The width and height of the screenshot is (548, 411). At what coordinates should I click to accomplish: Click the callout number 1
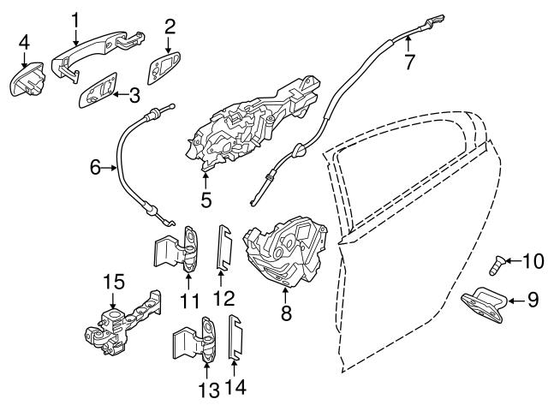tap(75, 18)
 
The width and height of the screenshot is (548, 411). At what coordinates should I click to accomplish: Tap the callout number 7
tap(409, 62)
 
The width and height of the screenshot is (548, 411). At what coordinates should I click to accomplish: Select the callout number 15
tap(114, 281)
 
